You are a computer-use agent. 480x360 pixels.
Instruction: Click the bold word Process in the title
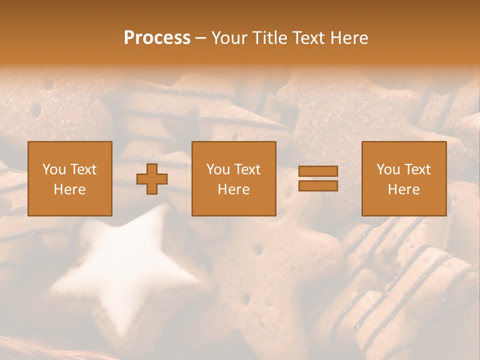tap(157, 38)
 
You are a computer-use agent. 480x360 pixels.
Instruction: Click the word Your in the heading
tap(228, 38)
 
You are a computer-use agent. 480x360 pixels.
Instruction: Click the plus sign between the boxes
tap(152, 179)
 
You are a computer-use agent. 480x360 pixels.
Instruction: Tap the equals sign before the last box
tap(318, 178)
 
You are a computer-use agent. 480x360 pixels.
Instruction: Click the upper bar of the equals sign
tap(318, 171)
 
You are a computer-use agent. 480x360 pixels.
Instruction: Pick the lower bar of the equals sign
tap(318, 186)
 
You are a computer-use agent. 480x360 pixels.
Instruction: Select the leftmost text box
tap(70, 178)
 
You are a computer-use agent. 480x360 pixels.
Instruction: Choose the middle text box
tap(234, 178)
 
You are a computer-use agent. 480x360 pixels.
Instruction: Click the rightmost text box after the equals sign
tap(404, 178)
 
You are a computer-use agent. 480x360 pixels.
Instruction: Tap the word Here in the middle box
tap(234, 189)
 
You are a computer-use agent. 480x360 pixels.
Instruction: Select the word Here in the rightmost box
tap(404, 189)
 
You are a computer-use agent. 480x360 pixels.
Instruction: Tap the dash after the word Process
tap(200, 38)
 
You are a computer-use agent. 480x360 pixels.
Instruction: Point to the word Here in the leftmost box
tap(70, 189)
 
